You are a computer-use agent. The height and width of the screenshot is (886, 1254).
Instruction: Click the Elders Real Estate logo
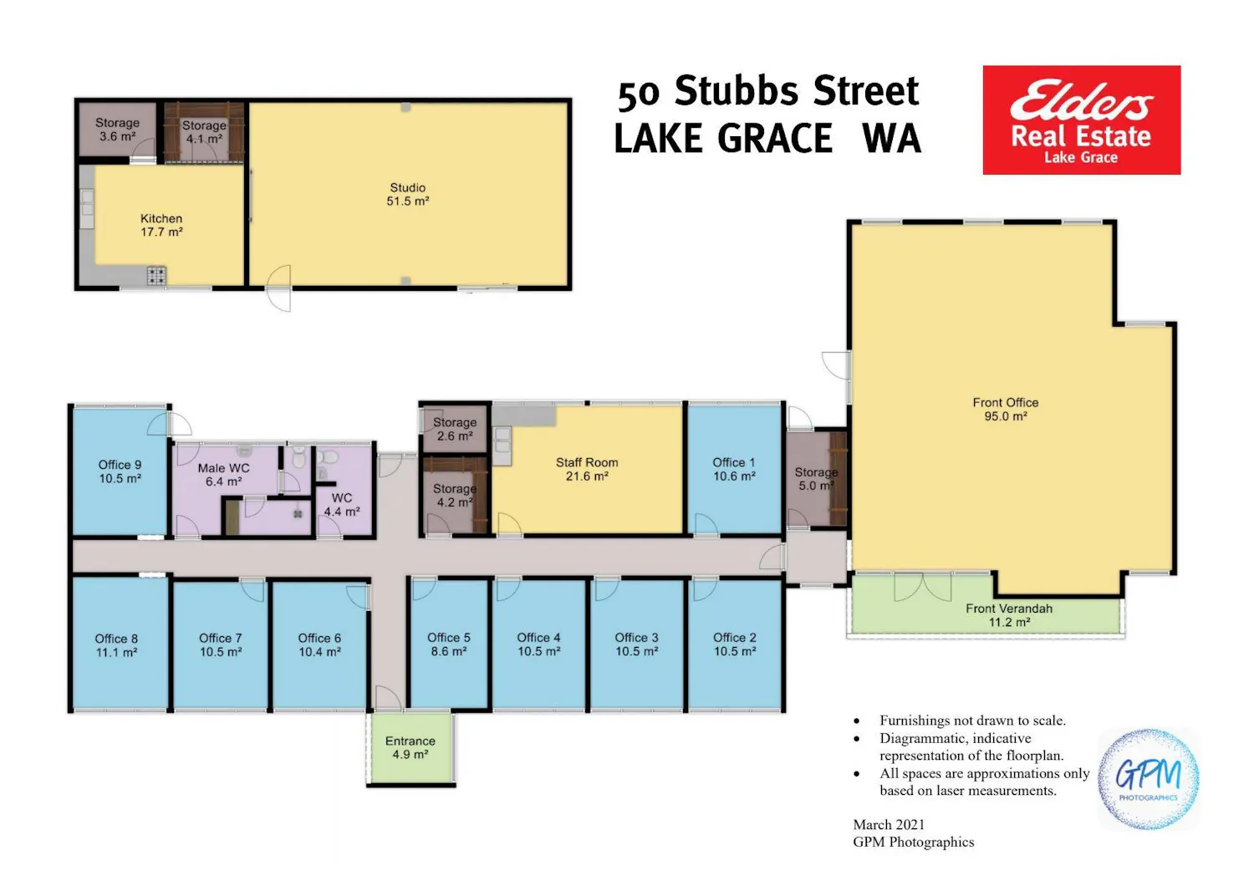[1082, 120]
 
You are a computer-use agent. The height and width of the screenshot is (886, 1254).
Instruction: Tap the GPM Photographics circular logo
[1149, 779]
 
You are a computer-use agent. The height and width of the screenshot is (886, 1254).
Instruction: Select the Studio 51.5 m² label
[408, 194]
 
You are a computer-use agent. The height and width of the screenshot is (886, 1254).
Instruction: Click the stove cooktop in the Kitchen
[156, 275]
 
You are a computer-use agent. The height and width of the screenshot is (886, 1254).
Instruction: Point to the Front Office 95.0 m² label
[1006, 409]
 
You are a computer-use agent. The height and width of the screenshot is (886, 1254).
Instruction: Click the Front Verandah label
[1009, 615]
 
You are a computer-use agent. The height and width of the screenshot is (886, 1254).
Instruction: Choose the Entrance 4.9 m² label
[410, 747]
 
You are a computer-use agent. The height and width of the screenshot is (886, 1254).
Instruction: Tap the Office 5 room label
[448, 644]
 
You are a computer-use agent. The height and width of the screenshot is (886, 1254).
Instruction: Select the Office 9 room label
[120, 471]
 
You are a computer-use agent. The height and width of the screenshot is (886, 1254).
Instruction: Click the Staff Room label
[587, 469]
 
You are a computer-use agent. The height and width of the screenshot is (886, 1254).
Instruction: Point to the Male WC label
[223, 475]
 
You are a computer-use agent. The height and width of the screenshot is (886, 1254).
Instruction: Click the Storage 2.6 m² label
[455, 430]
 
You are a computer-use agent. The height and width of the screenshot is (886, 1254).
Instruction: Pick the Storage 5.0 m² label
[816, 479]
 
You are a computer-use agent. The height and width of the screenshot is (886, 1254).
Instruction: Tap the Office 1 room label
[734, 469]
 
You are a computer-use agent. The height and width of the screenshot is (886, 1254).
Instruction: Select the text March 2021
[889, 824]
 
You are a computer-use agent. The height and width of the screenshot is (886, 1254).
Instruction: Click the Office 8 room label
[116, 645]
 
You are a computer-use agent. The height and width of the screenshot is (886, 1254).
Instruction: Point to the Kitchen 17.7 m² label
[161, 225]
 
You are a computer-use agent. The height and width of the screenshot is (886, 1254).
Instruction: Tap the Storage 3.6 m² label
[117, 130]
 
